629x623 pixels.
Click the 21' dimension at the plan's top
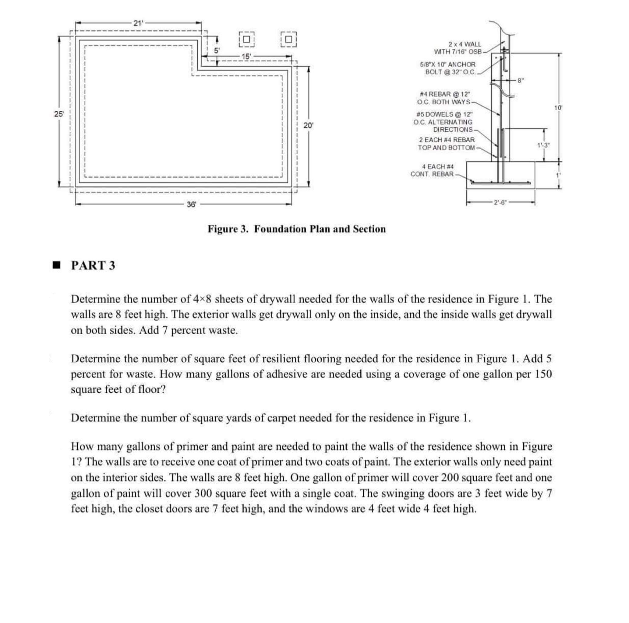[138, 23]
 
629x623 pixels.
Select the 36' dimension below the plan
[191, 204]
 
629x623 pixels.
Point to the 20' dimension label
[308, 125]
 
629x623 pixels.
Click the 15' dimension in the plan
[246, 57]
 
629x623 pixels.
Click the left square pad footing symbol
[246, 39]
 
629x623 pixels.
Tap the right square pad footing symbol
[289, 39]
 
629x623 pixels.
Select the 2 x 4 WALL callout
[458, 48]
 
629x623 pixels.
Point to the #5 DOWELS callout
[443, 122]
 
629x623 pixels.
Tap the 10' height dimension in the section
[558, 108]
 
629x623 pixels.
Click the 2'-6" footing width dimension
[500, 203]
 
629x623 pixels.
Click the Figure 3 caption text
[297, 229]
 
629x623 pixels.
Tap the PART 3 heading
[93, 265]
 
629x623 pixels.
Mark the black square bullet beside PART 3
[57, 265]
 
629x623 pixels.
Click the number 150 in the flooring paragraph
[543, 374]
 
